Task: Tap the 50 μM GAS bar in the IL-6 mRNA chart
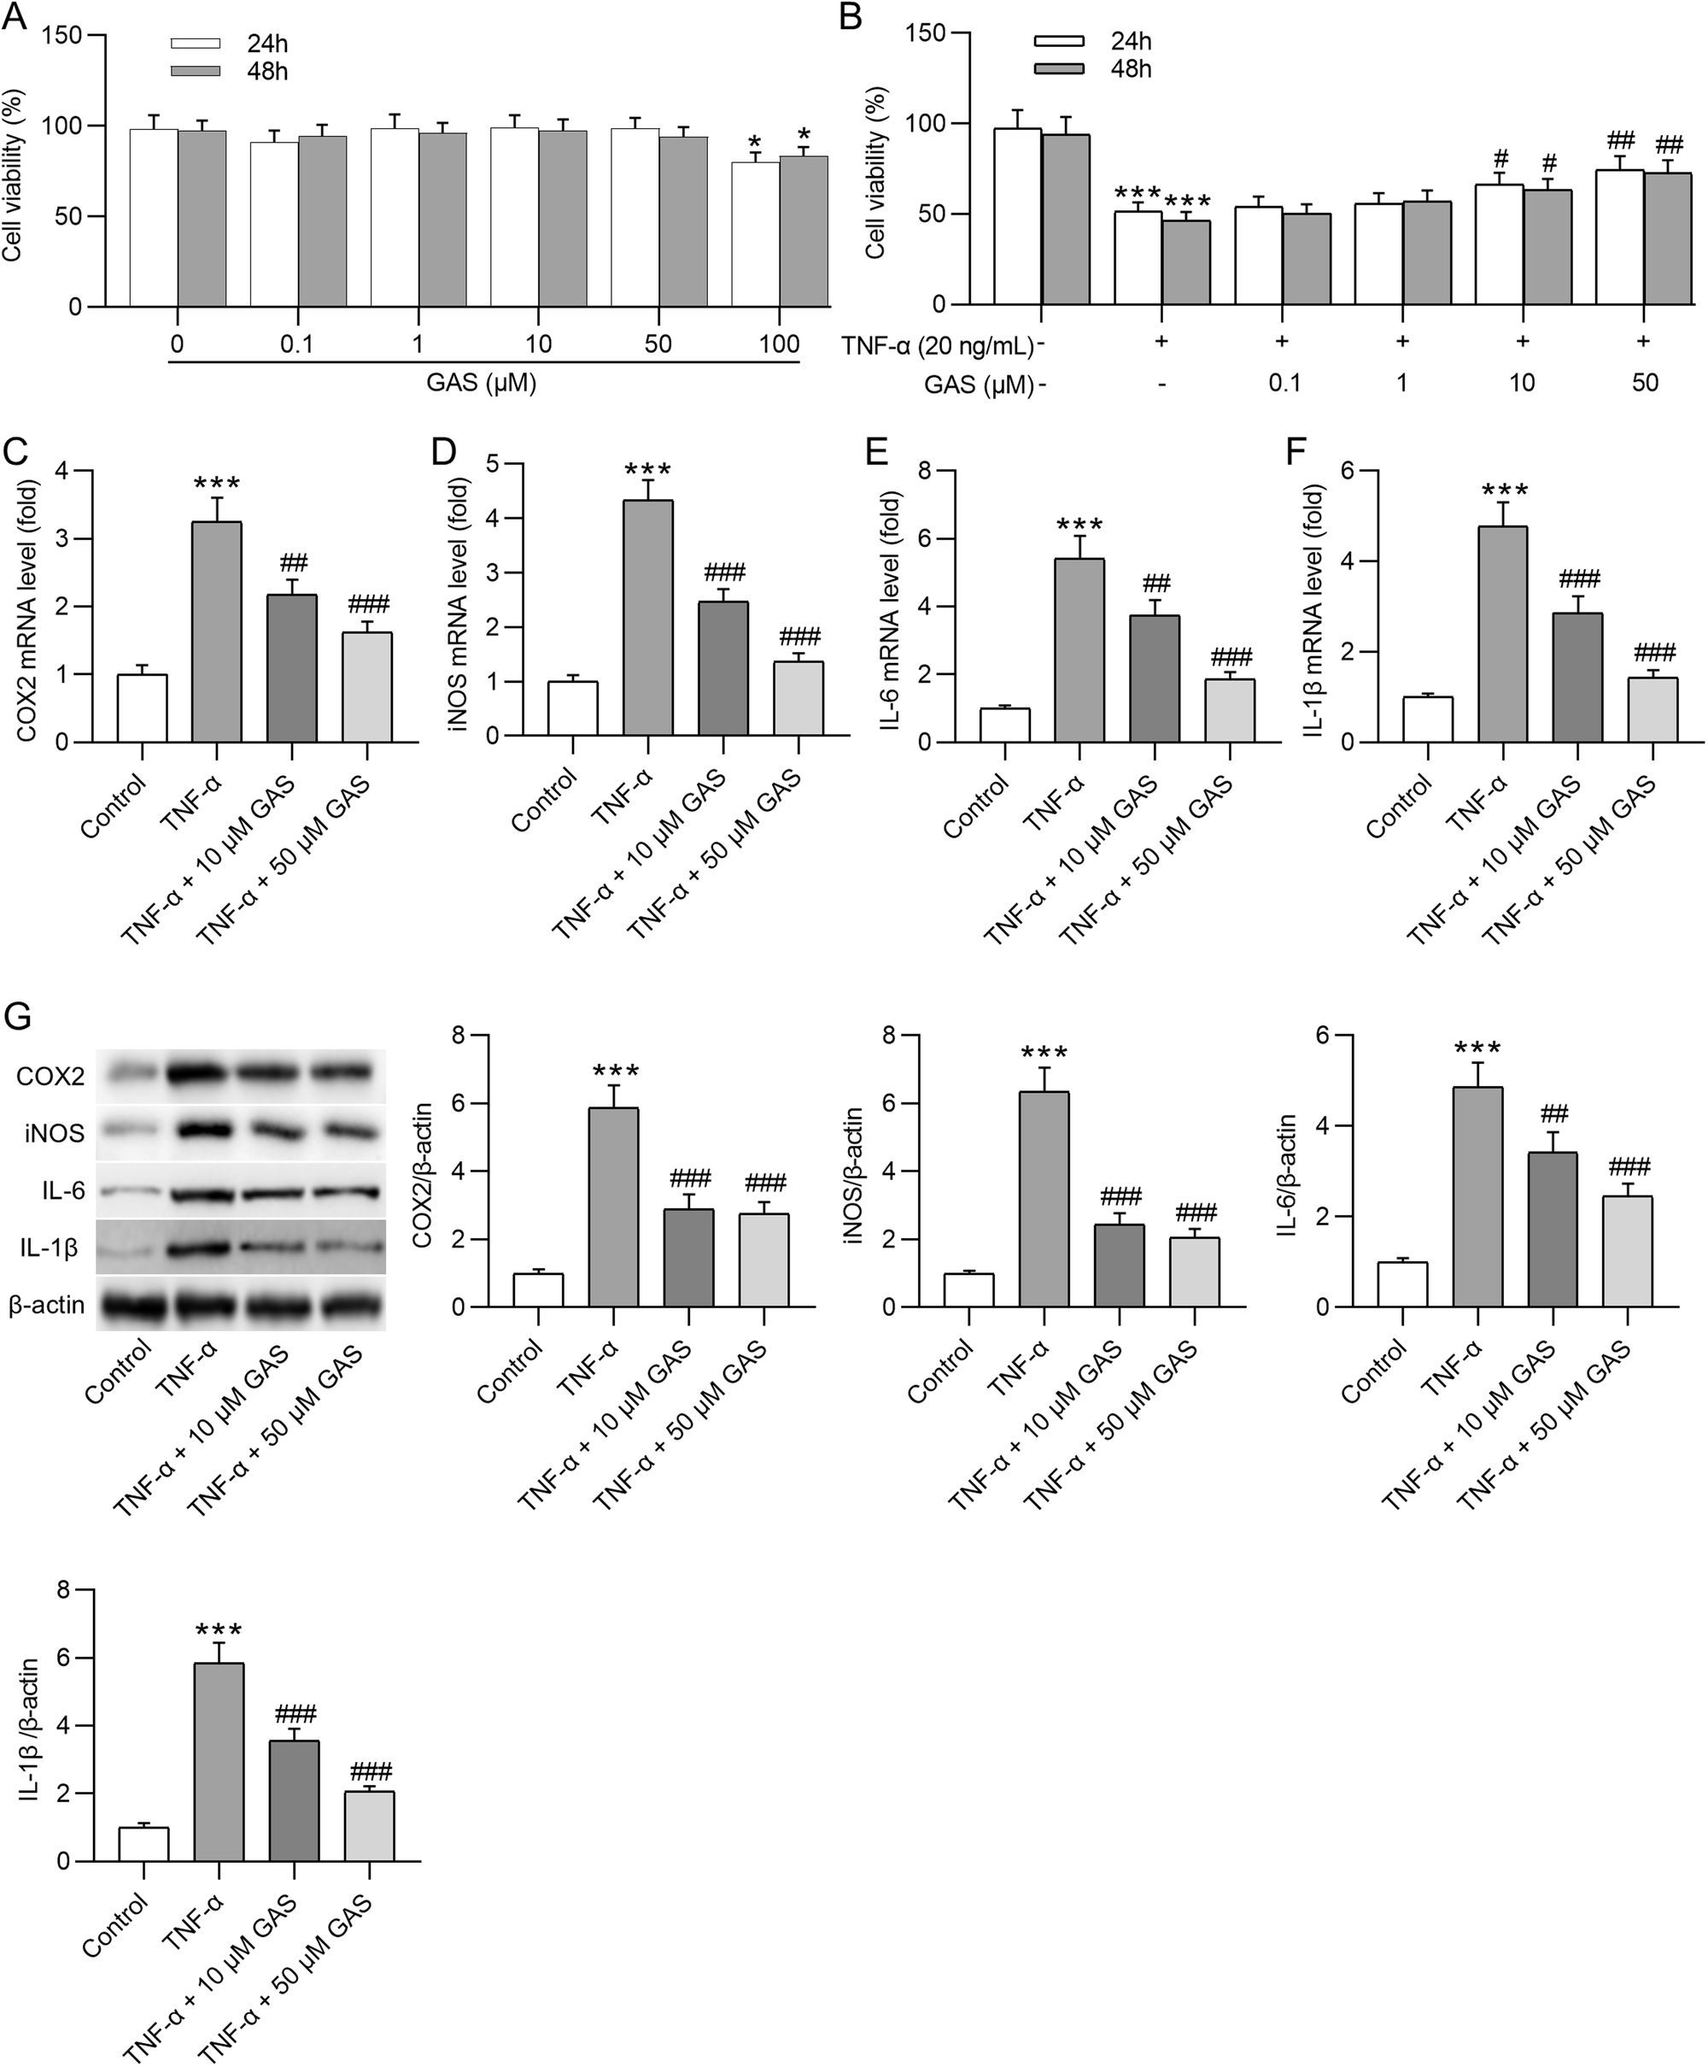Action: [1230, 711]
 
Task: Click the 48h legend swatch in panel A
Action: [200, 72]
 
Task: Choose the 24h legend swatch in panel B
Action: [1059, 41]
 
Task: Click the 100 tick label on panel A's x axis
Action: [781, 344]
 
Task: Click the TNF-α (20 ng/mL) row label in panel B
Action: [938, 345]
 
